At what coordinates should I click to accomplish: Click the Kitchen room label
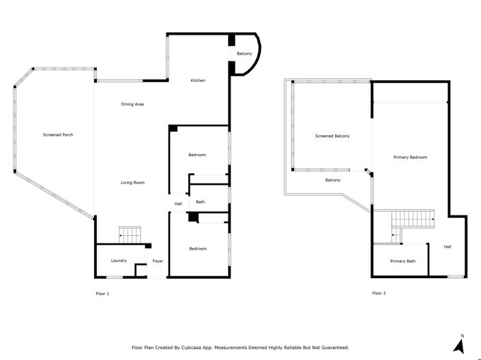point(198,80)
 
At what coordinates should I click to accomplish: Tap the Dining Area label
point(132,104)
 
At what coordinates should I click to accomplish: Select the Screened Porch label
point(58,135)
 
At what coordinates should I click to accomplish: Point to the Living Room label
point(132,182)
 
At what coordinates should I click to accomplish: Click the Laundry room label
point(119,260)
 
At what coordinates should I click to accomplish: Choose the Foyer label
point(158,260)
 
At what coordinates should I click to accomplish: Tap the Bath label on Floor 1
point(200,202)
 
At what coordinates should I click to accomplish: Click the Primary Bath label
point(403,261)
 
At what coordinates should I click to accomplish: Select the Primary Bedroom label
point(411,157)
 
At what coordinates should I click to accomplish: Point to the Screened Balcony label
point(332,136)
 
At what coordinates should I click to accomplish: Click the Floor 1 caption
point(102,294)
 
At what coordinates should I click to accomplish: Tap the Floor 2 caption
point(379,294)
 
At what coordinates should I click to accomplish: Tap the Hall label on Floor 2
point(448,247)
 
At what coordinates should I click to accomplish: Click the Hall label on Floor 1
point(178,203)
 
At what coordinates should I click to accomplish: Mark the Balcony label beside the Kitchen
point(244,53)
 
